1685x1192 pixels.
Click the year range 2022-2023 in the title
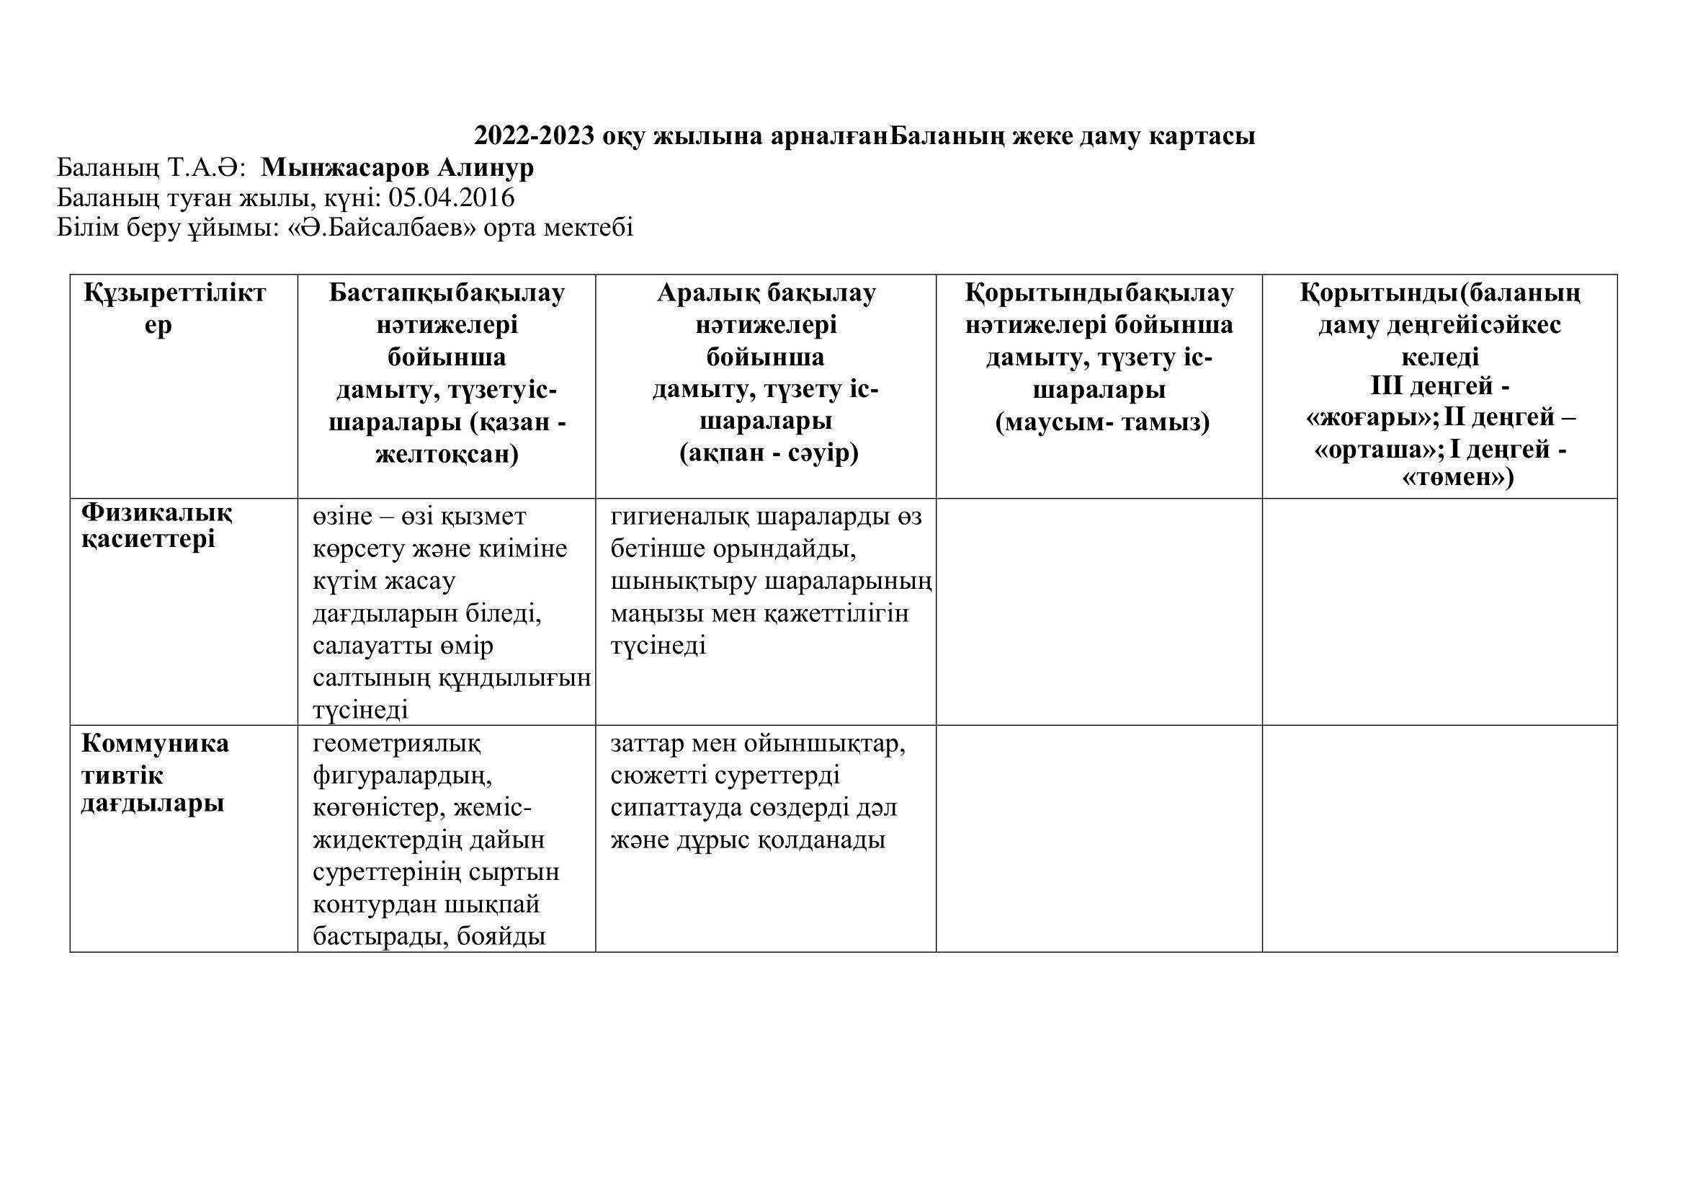[535, 136]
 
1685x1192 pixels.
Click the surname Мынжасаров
[346, 168]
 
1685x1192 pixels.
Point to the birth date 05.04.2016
[452, 197]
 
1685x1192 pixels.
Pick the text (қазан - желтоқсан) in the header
[447, 439]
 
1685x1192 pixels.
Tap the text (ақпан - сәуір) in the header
[769, 453]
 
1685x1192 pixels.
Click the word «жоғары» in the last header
[1372, 418]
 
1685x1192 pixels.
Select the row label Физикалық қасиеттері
[157, 525]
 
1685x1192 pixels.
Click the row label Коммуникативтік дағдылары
[155, 773]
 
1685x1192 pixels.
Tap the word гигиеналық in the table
[677, 517]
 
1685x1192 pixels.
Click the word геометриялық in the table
[396, 744]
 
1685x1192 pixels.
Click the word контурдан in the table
[374, 904]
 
